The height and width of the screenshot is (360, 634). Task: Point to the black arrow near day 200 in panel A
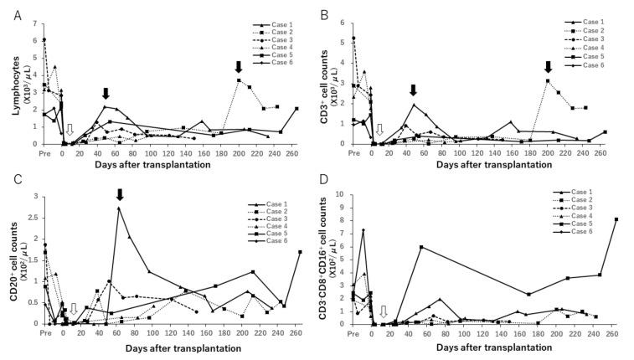pyautogui.click(x=239, y=67)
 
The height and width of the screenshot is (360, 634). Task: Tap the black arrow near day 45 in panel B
pyautogui.click(x=413, y=90)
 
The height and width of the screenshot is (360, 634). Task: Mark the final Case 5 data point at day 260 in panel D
pyautogui.click(x=616, y=219)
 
